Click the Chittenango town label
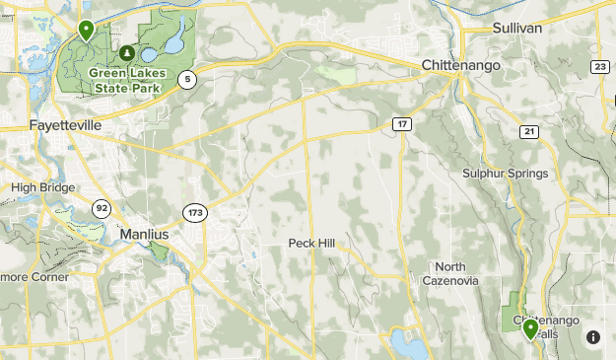pyautogui.click(x=461, y=64)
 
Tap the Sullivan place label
pyautogui.click(x=518, y=29)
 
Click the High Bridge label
pyautogui.click(x=43, y=187)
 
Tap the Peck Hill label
pyautogui.click(x=312, y=243)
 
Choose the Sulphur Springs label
pyautogui.click(x=506, y=174)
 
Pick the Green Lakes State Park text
pyautogui.click(x=125, y=79)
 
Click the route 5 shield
pyautogui.click(x=188, y=79)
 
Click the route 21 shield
pyautogui.click(x=529, y=132)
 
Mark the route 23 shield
pyautogui.click(x=600, y=66)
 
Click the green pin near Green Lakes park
pyautogui.click(x=87, y=31)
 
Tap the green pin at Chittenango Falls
pyautogui.click(x=530, y=328)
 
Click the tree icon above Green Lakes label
pyautogui.click(x=126, y=52)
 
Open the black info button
pyautogui.click(x=593, y=336)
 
